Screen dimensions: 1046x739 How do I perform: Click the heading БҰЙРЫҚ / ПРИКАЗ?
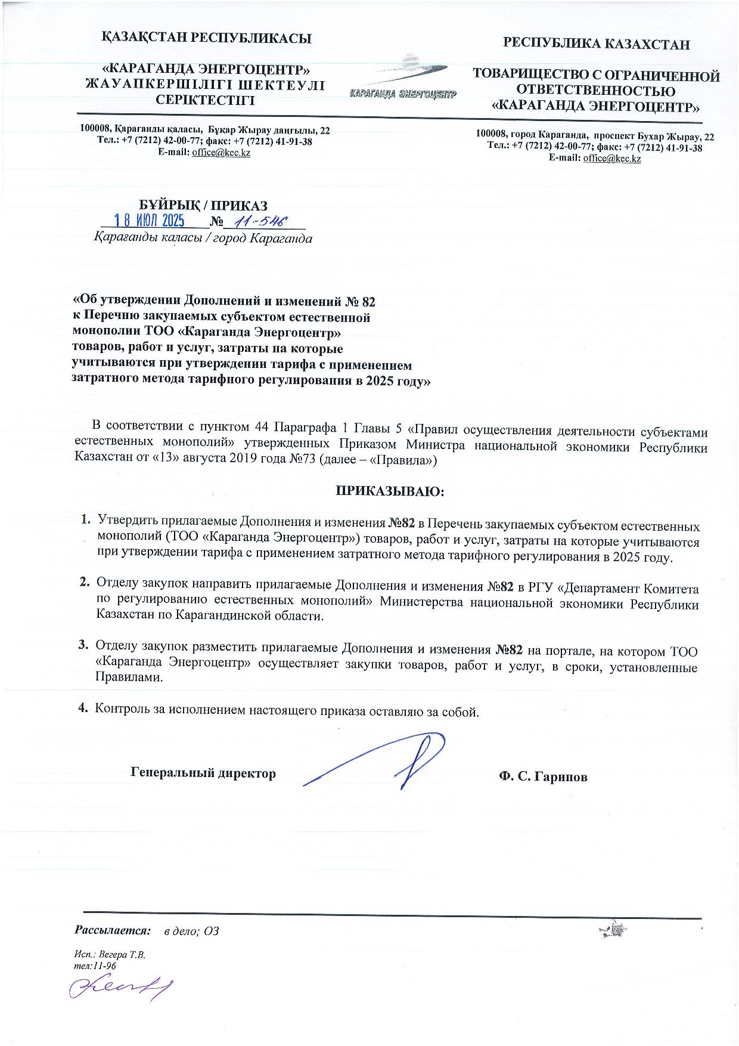pyautogui.click(x=203, y=206)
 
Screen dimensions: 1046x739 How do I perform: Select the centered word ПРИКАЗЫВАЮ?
pyautogui.click(x=390, y=491)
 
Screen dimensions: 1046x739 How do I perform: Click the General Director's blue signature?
pyautogui.click(x=381, y=761)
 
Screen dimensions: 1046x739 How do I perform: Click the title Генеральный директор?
pyautogui.click(x=203, y=773)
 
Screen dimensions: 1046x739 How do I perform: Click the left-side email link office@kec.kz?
pyautogui.click(x=221, y=153)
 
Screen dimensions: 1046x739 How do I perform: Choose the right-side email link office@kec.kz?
pyautogui.click(x=612, y=159)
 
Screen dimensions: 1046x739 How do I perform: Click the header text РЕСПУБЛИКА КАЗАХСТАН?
pyautogui.click(x=597, y=44)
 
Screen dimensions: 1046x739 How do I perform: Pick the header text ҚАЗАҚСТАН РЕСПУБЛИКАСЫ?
pyautogui.click(x=206, y=39)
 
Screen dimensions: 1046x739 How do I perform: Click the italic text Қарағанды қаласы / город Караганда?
pyautogui.click(x=203, y=239)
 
